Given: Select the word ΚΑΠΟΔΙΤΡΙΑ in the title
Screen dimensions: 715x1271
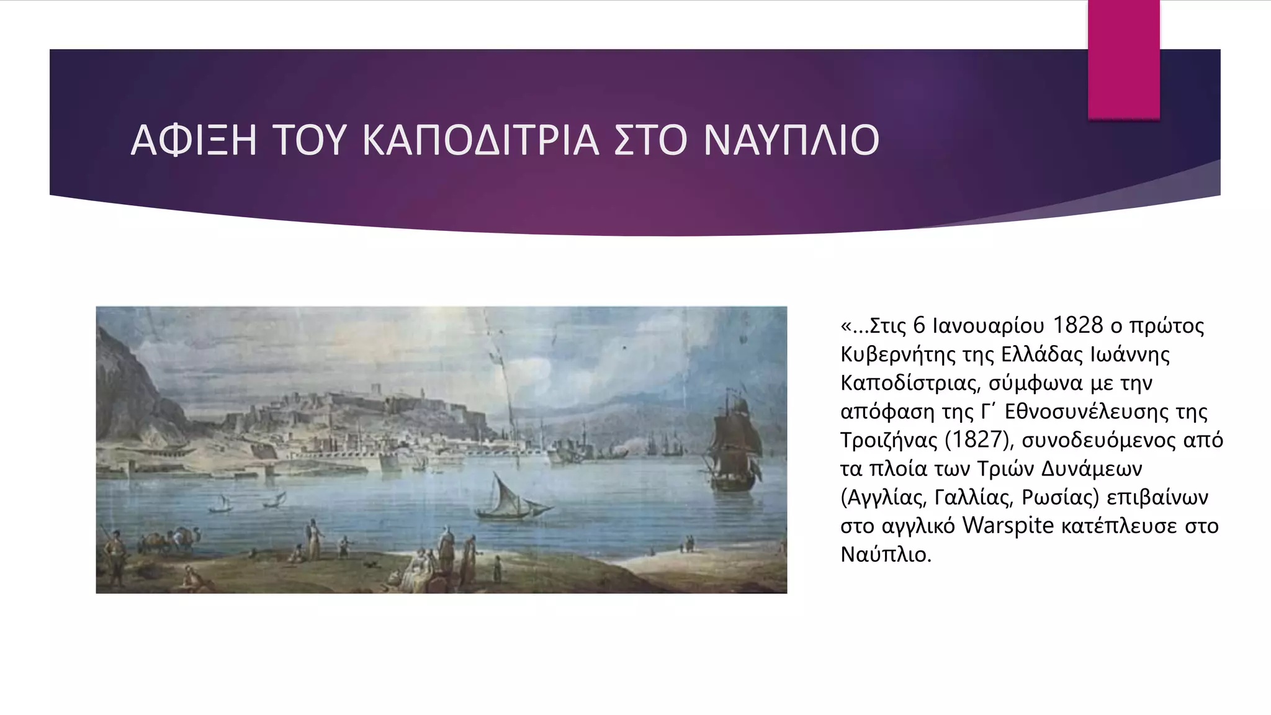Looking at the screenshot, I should point(480,140).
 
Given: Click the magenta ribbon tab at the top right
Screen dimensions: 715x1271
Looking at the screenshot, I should point(1123,59).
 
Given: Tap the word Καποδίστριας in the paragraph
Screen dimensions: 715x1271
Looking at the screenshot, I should point(910,383).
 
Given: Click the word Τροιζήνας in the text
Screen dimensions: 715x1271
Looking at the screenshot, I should point(889,439).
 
